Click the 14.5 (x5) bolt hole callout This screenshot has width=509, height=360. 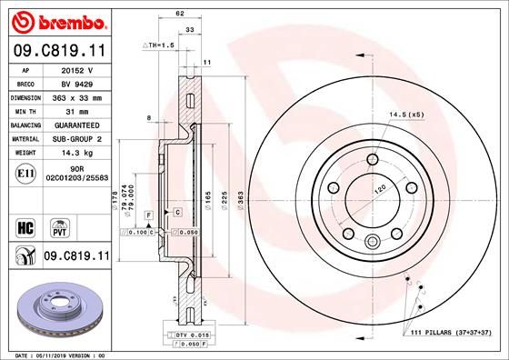(x=406, y=115)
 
